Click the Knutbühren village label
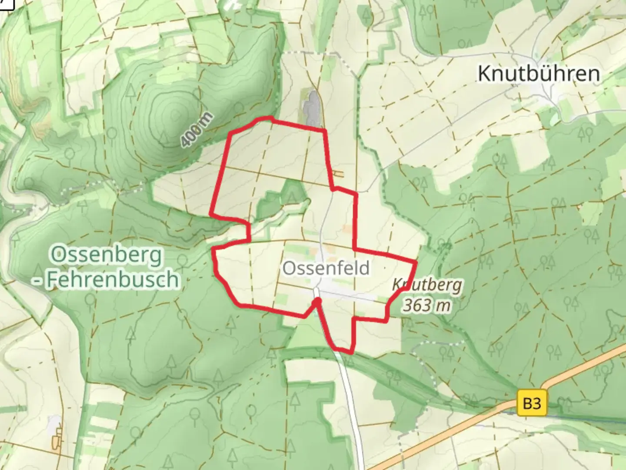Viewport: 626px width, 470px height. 539,74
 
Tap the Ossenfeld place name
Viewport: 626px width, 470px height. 326,268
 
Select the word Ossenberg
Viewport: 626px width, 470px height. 107,255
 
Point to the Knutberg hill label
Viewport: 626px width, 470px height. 427,285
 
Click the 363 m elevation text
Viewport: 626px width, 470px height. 426,305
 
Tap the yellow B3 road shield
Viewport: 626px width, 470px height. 532,403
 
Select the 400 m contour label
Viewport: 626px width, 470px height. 197,129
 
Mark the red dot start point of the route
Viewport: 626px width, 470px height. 318,301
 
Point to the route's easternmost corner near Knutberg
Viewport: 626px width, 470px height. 416,262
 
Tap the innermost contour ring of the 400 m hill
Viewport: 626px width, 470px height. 176,114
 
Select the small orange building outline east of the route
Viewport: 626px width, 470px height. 338,175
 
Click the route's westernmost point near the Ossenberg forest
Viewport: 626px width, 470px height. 211,214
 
